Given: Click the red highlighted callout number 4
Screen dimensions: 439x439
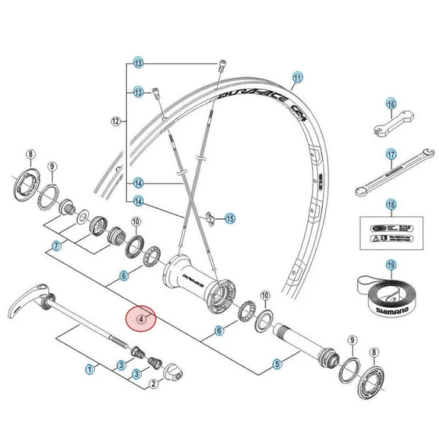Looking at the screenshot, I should (x=142, y=319).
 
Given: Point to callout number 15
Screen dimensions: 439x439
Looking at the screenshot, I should (x=229, y=219).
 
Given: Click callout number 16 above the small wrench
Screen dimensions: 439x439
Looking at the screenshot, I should (x=390, y=104).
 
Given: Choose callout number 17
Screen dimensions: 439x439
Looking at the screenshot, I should (x=390, y=154).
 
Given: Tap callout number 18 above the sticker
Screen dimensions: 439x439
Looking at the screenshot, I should (x=390, y=205).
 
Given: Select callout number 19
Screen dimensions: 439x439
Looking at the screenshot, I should (x=390, y=265).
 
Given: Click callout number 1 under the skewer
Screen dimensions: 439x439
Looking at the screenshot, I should (x=90, y=368).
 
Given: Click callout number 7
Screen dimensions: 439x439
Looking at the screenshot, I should (x=56, y=247).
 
